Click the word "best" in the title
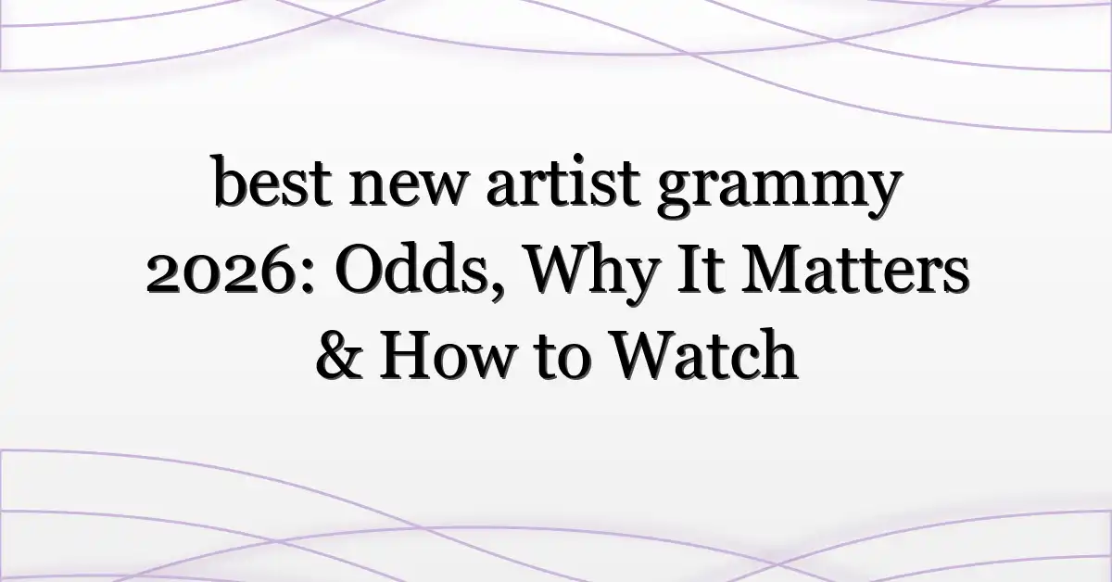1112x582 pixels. tap(272, 181)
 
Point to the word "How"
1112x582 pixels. tap(446, 356)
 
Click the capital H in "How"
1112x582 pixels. tap(408, 356)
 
